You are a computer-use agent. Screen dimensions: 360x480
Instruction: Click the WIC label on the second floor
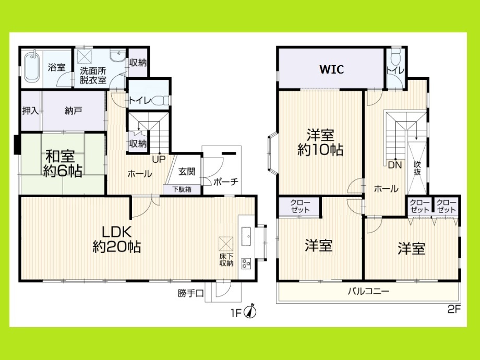tap(331, 69)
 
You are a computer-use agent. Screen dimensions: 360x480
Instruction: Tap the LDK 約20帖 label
tap(116, 238)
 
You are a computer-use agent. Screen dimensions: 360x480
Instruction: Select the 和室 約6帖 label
tap(62, 163)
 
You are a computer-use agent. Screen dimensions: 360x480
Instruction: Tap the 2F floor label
tap(453, 309)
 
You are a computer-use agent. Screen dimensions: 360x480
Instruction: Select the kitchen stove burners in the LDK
tap(246, 263)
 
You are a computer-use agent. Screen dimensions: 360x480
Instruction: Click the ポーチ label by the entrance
tap(226, 182)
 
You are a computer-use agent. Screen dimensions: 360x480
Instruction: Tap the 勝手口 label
tap(189, 293)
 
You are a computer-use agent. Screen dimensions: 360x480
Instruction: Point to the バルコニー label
tap(368, 291)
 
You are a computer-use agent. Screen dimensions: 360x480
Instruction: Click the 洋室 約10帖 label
tap(320, 142)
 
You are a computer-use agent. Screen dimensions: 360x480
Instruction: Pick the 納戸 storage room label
tap(74, 111)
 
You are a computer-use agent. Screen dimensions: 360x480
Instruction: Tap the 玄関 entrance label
tap(186, 172)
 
